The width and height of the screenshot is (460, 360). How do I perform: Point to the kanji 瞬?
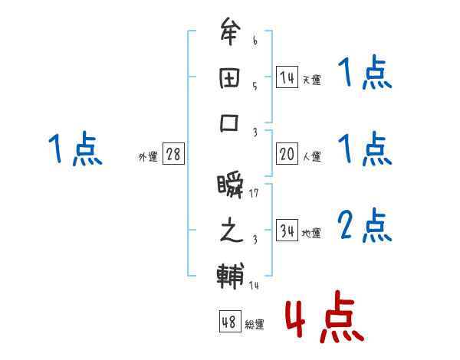(231, 185)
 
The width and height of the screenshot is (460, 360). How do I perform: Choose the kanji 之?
(231, 231)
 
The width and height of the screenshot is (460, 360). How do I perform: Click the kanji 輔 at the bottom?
(231, 277)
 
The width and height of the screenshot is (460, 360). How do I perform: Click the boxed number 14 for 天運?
(287, 77)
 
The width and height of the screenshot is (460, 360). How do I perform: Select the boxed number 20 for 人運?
(287, 154)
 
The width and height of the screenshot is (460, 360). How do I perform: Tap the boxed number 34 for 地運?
(287, 231)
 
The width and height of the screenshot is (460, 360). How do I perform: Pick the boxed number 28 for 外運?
(173, 154)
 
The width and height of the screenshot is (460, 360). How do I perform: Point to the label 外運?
(148, 156)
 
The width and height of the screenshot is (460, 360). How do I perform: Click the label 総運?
(255, 325)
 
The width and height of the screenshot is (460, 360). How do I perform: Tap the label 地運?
(311, 233)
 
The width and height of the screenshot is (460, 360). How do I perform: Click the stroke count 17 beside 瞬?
(255, 192)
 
